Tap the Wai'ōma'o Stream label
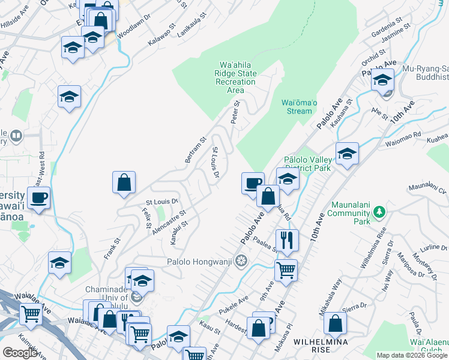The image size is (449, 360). [297, 106]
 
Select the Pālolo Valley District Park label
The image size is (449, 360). [307, 164]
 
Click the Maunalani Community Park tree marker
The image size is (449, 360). [379, 212]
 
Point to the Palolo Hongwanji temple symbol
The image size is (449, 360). [241, 260]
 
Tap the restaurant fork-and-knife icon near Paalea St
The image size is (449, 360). [287, 240]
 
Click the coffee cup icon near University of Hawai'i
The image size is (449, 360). [38, 197]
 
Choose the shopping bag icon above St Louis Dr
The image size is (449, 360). [124, 182]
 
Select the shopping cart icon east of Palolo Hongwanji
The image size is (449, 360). [286, 269]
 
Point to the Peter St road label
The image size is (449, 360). [236, 113]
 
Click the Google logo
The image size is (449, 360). [20, 353]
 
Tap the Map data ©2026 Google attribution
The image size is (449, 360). [412, 355]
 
